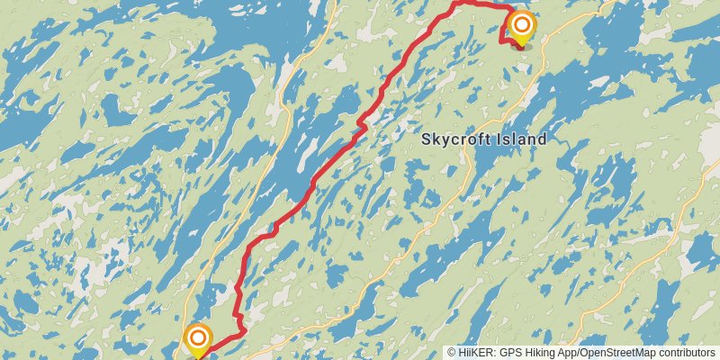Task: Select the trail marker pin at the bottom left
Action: click(198, 340)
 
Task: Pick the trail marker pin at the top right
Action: click(520, 26)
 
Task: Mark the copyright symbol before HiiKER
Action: click(453, 352)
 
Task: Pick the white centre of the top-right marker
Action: click(520, 23)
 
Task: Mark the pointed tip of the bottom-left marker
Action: click(198, 357)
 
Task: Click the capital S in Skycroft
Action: click(427, 139)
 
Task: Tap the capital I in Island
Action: click(499, 139)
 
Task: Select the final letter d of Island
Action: click(543, 139)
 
